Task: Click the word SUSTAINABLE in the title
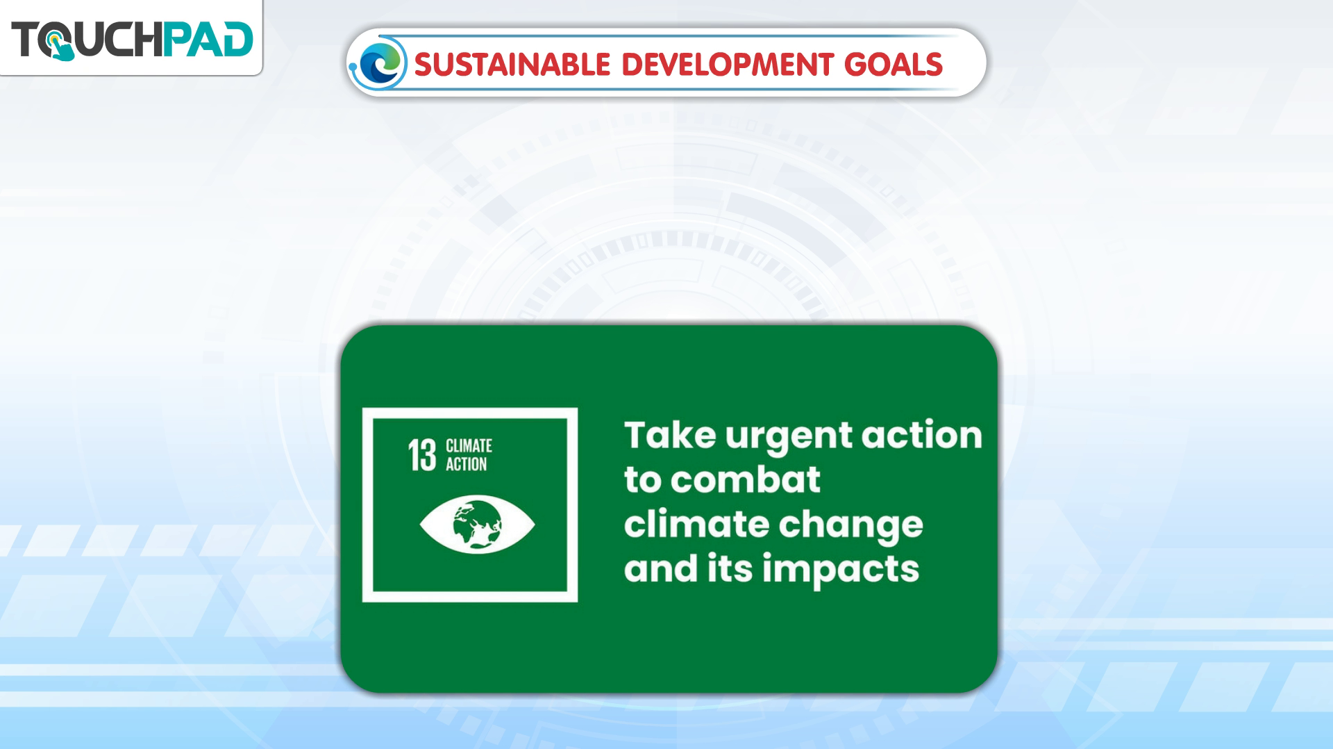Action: (512, 65)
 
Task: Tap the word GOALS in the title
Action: (893, 65)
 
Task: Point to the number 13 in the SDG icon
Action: (421, 456)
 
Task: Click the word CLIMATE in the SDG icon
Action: (469, 445)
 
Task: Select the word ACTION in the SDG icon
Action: (466, 464)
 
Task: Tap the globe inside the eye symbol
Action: (477, 524)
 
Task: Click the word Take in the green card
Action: (670, 435)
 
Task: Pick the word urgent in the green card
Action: (788, 438)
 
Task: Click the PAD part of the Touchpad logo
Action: (208, 39)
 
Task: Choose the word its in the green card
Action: (730, 568)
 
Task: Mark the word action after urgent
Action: (922, 435)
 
